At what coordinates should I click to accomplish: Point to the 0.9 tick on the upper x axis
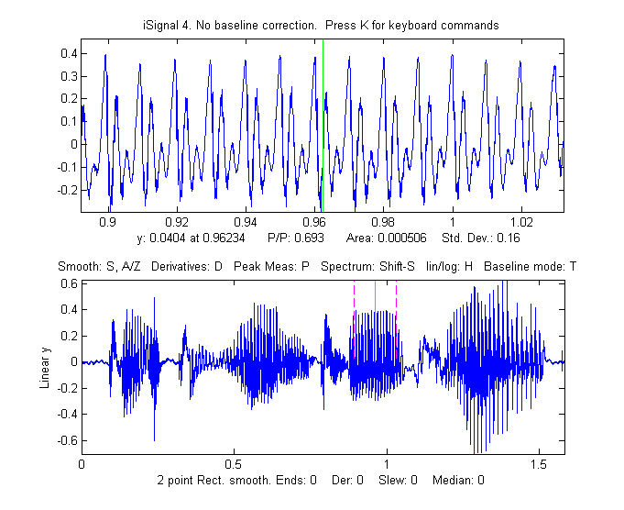click(107, 222)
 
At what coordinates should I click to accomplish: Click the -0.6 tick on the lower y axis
click(64, 440)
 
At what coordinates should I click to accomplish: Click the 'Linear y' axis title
click(45, 361)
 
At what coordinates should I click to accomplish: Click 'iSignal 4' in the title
click(169, 26)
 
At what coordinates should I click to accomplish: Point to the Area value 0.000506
click(402, 238)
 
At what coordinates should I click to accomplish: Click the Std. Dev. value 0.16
click(512, 238)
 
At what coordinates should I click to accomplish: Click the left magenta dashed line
click(354, 321)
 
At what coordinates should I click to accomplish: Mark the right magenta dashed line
click(396, 321)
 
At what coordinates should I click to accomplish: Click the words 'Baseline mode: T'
click(531, 266)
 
